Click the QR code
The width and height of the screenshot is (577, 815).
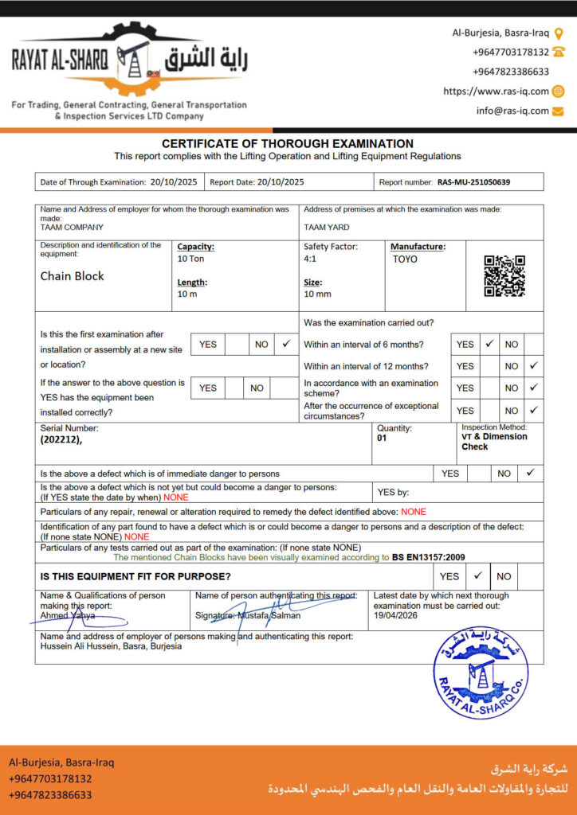[x=504, y=275]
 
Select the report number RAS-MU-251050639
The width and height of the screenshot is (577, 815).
[x=473, y=182]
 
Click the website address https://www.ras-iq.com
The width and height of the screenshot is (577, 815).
[x=496, y=92]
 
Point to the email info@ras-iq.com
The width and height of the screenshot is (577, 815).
[x=512, y=111]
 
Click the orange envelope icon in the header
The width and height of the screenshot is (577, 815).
[x=558, y=111]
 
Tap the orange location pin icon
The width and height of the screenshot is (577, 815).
[x=559, y=33]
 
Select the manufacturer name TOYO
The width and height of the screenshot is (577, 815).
[x=405, y=259]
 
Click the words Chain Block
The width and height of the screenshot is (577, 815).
[x=73, y=276]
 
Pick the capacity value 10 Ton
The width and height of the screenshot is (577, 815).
[x=192, y=259]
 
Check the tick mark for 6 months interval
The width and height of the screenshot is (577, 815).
[x=490, y=344]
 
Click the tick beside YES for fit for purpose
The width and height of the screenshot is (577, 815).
[x=478, y=575]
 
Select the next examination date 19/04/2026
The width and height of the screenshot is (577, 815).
[x=396, y=615]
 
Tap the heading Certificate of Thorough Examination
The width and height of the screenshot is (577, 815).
[x=288, y=144]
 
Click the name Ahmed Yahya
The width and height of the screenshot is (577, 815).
[x=68, y=615]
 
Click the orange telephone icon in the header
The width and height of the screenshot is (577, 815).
[x=559, y=52]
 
